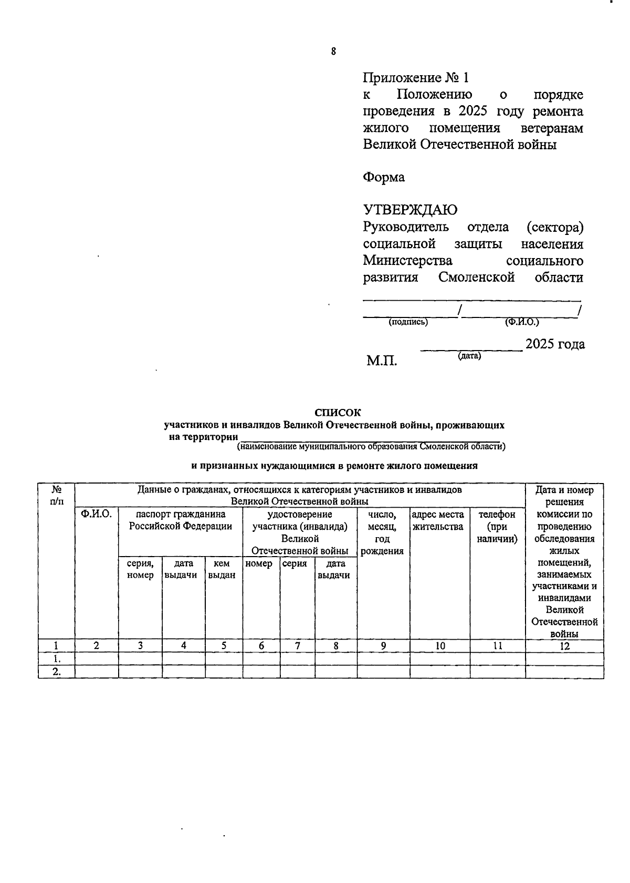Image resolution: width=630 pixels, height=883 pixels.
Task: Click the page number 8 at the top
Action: [333, 52]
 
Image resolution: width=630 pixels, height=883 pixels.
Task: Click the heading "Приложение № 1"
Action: [415, 78]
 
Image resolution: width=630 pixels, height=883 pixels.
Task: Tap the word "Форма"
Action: [384, 177]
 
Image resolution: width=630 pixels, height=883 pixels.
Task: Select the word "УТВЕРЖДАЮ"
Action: [410, 210]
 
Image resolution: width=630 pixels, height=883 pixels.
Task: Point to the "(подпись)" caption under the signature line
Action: [408, 322]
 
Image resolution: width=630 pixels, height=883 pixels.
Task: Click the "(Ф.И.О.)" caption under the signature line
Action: [521, 322]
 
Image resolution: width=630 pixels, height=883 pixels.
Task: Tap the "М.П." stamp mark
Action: [382, 361]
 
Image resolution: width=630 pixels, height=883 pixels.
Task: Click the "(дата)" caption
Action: [469, 356]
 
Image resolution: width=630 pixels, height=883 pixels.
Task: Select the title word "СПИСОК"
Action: [338, 413]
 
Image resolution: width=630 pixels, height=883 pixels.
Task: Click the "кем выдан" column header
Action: [223, 569]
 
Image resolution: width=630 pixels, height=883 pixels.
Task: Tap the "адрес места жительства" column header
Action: [438, 520]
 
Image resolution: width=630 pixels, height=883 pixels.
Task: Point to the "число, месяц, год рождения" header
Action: [383, 532]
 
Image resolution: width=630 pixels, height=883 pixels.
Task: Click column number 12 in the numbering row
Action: [564, 646]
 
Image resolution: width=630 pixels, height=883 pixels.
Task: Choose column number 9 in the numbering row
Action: [383, 646]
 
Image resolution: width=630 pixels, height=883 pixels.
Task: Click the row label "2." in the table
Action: [56, 672]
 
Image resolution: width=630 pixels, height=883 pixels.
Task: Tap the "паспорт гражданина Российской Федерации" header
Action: [180, 520]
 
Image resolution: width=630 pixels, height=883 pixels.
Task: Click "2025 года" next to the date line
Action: [555, 344]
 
